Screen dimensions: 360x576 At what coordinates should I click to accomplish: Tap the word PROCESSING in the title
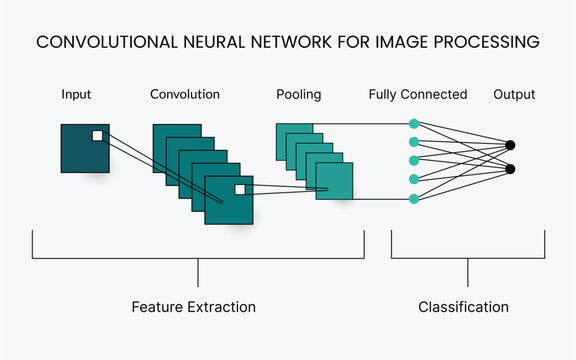click(486, 43)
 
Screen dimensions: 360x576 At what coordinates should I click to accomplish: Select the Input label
click(76, 95)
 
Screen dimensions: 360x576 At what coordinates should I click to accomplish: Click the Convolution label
click(185, 95)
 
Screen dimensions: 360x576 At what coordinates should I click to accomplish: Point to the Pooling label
click(299, 95)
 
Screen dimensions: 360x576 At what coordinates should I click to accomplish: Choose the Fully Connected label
click(418, 95)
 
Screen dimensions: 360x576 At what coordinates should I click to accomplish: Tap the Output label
click(514, 95)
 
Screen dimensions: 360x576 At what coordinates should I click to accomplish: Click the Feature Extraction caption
click(194, 307)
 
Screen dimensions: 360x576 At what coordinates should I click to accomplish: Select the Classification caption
click(464, 307)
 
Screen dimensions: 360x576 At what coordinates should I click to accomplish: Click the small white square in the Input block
click(98, 135)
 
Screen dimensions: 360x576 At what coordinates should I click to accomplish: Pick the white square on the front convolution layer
click(240, 189)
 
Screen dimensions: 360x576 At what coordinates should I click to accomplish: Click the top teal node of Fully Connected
click(414, 124)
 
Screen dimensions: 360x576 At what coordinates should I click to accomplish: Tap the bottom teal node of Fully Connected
click(414, 199)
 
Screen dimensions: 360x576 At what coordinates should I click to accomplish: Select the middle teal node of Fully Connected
click(414, 161)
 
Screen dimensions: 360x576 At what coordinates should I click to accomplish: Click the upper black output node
click(510, 145)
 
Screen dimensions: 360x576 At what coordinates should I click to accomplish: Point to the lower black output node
click(510, 169)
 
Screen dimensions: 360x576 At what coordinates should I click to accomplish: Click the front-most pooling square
click(335, 181)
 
